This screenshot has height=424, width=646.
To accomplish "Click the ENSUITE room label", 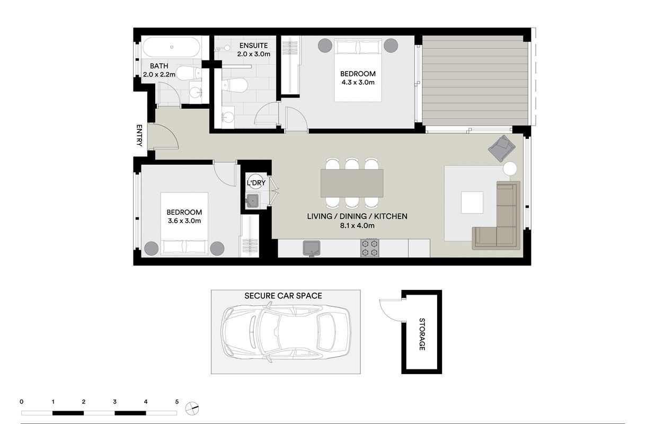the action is click(253, 46).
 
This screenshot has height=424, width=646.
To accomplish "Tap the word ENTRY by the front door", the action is click(139, 135).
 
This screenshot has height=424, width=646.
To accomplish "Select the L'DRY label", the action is click(256, 183).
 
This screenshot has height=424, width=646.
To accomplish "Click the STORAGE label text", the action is click(422, 334).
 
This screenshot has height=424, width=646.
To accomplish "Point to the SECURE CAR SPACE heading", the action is click(283, 296).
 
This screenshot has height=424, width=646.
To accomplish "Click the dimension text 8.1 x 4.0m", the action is click(357, 226).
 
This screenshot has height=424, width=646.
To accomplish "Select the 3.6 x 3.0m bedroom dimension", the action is click(184, 221).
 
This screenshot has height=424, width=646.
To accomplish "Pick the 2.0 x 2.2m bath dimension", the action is click(159, 74).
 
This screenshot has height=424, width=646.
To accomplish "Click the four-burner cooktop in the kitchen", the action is click(370, 248).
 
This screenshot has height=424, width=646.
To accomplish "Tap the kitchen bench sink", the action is click(312, 249).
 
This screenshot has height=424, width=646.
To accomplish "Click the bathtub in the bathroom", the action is click(171, 47).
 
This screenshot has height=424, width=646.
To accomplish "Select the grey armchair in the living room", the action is click(501, 148).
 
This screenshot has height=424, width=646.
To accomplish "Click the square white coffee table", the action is click(472, 202).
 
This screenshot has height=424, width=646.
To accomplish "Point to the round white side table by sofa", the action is click(510, 169).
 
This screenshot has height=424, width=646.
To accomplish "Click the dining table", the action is click(352, 183).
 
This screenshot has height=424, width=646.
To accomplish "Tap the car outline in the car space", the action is click(286, 332).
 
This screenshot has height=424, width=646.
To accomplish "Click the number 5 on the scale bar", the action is click(177, 402).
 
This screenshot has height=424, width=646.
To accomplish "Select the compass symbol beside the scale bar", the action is click(192, 409).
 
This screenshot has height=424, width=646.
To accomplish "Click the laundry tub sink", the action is click(253, 200).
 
